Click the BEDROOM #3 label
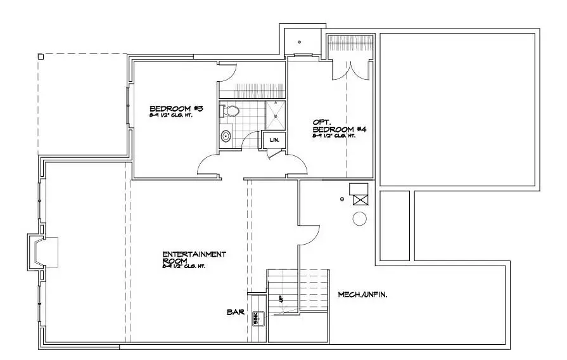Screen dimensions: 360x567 (175, 108)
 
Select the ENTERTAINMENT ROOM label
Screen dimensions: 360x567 (194, 257)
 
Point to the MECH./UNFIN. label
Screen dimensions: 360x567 (362, 294)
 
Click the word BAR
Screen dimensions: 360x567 (235, 312)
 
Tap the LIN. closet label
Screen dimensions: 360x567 (274, 139)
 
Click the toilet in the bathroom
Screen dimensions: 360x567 (231, 112)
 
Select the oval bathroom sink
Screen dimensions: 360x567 (226, 136)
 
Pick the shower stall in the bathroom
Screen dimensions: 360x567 (276, 112)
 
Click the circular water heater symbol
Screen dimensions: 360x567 (359, 219)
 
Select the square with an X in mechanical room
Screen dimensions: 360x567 (360, 199)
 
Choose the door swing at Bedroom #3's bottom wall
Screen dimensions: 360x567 (210, 167)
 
